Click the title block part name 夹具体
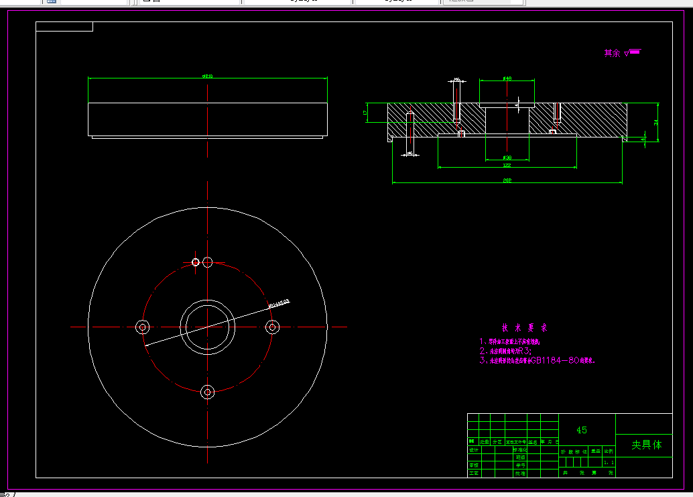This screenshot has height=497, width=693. [647, 445]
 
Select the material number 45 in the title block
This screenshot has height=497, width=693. [581, 430]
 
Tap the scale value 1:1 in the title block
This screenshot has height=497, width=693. [609, 462]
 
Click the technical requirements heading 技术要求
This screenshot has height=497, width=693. [525, 328]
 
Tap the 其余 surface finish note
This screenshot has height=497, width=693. [613, 53]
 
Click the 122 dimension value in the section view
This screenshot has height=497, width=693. [507, 165]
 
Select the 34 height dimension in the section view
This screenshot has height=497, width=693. [656, 122]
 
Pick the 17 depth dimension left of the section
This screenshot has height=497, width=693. [365, 112]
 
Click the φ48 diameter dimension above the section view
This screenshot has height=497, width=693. [507, 78]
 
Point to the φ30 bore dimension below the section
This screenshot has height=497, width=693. [507, 158]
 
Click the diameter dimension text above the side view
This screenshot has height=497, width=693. [208, 76]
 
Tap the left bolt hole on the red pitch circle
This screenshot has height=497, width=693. [142, 327]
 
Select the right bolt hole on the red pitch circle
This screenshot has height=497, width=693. [272, 327]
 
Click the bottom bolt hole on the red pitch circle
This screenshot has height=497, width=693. [208, 391]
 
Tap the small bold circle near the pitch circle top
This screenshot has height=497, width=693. [196, 262]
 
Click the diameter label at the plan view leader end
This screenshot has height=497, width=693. [279, 303]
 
